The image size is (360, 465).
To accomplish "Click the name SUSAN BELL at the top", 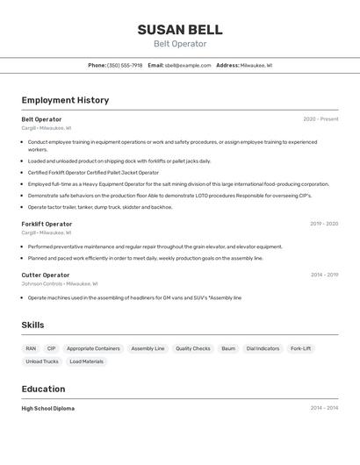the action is [180, 29].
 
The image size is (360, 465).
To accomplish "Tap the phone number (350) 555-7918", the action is [125, 65].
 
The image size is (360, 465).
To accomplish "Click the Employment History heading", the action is [65, 100].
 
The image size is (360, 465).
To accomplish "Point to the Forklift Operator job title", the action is [47, 224].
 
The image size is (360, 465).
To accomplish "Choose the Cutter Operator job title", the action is [45, 275].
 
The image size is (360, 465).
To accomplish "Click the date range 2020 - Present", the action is [320, 119].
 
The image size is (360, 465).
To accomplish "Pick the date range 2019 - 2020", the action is [323, 224].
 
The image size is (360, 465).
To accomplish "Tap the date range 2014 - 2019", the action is [324, 275].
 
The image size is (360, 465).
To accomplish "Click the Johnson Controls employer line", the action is [60, 283].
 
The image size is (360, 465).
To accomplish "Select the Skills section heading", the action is [32, 325].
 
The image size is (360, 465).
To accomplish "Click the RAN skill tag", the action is [31, 348].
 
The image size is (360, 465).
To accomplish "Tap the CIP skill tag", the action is [51, 348].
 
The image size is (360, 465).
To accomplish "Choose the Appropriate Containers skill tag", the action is [93, 348].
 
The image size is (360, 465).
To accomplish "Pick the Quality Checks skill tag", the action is [192, 348].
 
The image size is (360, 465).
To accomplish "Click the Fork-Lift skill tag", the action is [300, 348].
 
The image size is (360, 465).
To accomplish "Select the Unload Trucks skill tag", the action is [42, 361].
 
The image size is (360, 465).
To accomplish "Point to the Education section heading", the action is [43, 389].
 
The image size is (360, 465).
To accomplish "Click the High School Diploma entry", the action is [48, 408].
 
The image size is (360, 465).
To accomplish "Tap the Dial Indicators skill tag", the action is [263, 348].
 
